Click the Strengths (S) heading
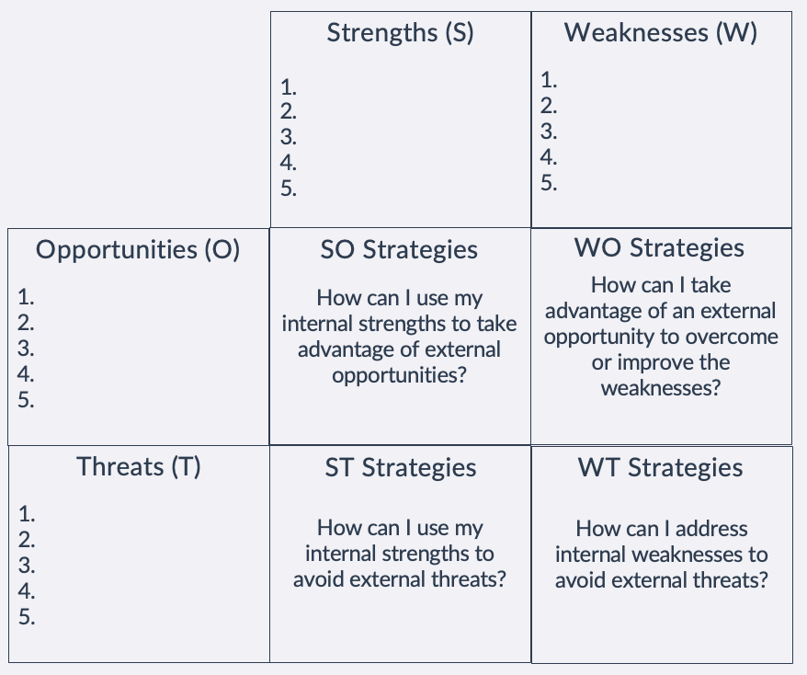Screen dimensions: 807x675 (400, 34)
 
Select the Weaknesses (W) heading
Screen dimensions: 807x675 (661, 34)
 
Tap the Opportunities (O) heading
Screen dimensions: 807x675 (138, 250)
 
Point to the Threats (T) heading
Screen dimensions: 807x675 (139, 466)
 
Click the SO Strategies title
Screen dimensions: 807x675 (399, 250)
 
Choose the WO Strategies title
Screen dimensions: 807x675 (659, 248)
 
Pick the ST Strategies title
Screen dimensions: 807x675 (400, 468)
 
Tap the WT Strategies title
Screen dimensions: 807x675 (660, 468)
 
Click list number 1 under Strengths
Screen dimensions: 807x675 (289, 88)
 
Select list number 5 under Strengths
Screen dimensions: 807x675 (289, 189)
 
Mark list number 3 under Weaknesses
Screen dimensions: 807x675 (549, 132)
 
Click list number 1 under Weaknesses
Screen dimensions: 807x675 (549, 80)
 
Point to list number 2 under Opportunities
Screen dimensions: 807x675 (26, 323)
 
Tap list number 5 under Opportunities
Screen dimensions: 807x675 (26, 400)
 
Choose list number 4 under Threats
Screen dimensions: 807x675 (27, 591)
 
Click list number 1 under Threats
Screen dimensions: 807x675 (27, 514)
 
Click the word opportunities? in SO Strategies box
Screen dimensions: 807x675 (399, 375)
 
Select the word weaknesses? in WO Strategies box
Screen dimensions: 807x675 (660, 387)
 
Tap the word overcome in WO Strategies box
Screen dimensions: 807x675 (737, 337)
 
